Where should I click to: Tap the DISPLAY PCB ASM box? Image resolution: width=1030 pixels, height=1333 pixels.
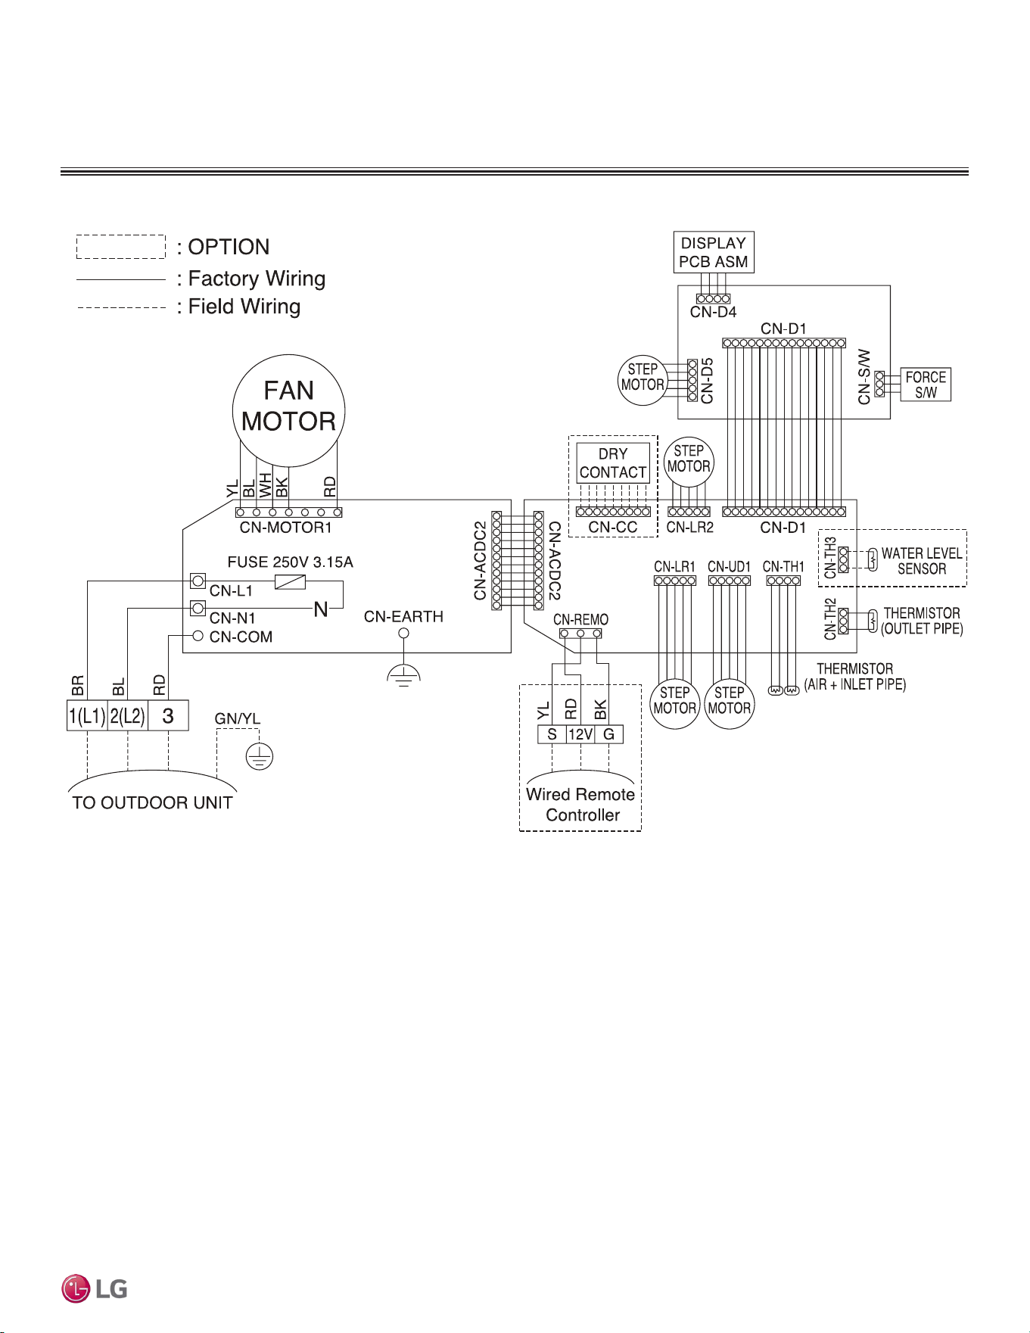pos(714,252)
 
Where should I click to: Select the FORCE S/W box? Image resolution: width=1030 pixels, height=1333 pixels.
pos(926,385)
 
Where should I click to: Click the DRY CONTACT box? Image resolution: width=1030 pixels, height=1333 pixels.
pos(613,463)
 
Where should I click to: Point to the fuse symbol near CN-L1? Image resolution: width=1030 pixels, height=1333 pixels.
pos(290,581)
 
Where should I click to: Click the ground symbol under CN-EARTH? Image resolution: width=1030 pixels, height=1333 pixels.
pos(403,675)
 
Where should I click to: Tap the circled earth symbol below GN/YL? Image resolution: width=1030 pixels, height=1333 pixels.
pos(260,756)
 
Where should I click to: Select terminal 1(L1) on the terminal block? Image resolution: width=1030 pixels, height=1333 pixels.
pos(87,715)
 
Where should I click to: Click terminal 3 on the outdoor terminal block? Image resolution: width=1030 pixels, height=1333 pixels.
pos(168,715)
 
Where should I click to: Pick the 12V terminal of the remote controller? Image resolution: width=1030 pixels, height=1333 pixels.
pos(580,733)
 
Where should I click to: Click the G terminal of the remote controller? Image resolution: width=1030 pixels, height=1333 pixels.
pos(608,733)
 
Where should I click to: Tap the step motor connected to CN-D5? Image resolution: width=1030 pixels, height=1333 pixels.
pos(643,380)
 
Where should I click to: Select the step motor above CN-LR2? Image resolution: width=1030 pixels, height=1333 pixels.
pos(689,462)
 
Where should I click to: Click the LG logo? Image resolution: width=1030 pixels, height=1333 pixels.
pos(95,1288)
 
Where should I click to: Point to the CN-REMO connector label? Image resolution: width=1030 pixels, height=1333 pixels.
pos(580,620)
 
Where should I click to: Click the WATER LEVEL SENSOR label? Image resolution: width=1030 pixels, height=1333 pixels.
pos(922,561)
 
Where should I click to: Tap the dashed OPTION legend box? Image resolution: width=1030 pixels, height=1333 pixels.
pos(121,247)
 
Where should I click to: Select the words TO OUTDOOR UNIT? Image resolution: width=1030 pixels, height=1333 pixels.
pos(152,803)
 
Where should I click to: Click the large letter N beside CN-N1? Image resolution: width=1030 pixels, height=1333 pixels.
pos(321,609)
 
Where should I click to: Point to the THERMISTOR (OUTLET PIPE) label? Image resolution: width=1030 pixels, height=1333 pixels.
pos(922,621)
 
